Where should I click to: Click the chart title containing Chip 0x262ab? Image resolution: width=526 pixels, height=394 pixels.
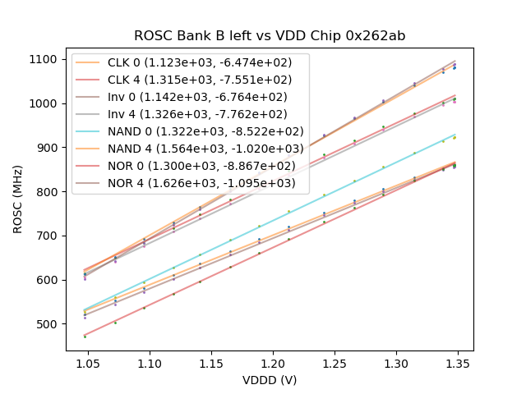point(270,36)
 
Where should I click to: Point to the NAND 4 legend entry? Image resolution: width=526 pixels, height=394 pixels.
point(205,149)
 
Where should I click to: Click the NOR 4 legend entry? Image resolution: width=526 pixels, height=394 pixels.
point(205,183)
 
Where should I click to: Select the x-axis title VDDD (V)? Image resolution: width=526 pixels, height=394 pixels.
point(270,380)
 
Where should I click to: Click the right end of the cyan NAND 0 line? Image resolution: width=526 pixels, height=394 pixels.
point(455,134)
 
